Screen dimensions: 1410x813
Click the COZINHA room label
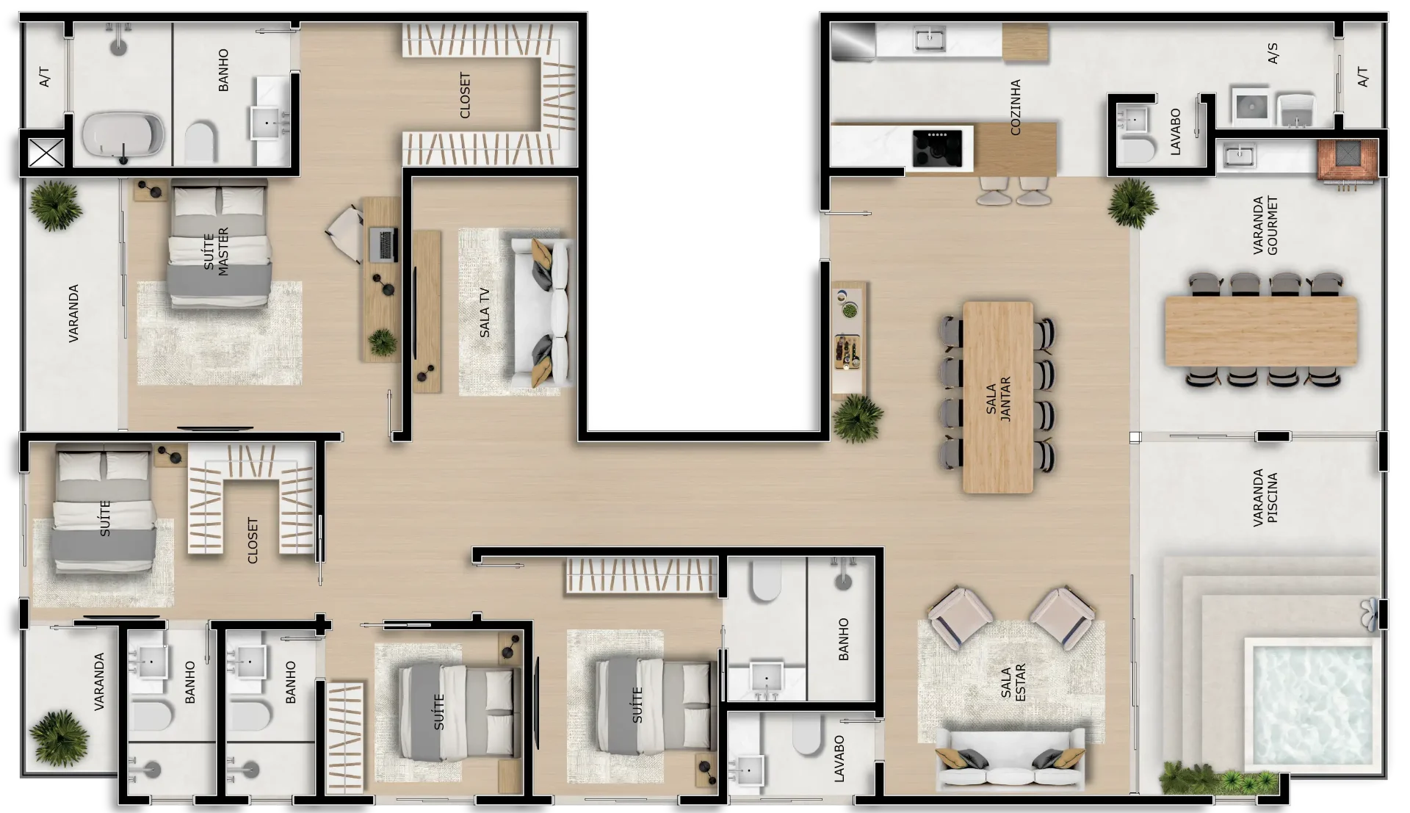click(1016, 107)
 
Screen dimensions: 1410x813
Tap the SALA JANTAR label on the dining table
click(999, 399)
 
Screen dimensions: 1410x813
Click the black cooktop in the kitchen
click(937, 148)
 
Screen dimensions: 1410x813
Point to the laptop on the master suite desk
click(384, 245)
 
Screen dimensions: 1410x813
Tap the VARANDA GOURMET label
click(1265, 225)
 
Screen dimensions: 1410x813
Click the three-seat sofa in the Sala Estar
click(1010, 760)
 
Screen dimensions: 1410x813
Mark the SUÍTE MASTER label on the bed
click(217, 251)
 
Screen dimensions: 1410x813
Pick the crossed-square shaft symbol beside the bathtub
click(46, 153)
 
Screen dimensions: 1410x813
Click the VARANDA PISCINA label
click(1265, 498)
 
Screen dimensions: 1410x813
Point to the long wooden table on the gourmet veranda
click(1261, 331)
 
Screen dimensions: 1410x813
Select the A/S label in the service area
click(1273, 53)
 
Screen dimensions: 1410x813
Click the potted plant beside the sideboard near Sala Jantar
click(857, 419)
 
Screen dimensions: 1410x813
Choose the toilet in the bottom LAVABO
click(806, 734)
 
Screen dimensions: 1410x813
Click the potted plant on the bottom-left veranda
click(59, 737)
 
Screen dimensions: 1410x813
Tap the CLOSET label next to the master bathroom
click(465, 95)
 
